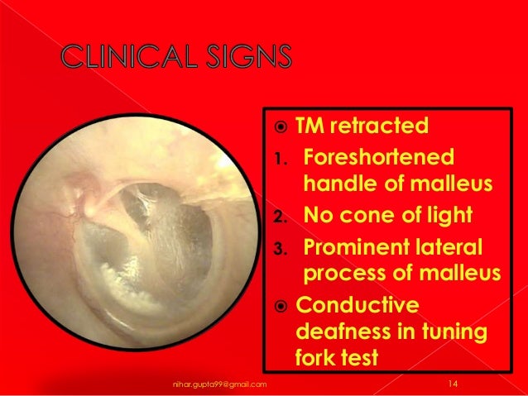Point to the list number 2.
[x=281, y=218]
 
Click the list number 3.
[x=281, y=249]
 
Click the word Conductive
[x=358, y=307]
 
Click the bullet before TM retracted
[x=280, y=127]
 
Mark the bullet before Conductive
[x=280, y=308]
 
